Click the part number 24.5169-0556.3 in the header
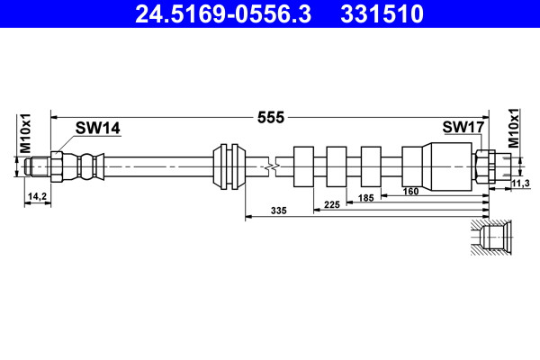(x=223, y=13)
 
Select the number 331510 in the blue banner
(x=382, y=13)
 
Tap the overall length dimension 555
(x=271, y=118)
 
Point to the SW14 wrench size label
(x=98, y=128)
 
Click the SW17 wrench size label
(x=463, y=127)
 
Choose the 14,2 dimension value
(x=37, y=196)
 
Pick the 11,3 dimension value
(x=520, y=184)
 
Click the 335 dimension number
(x=279, y=211)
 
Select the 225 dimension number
(x=332, y=204)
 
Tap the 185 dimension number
(x=365, y=198)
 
